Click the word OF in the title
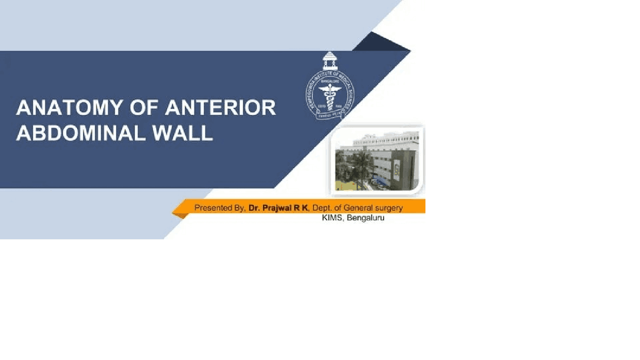(x=143, y=108)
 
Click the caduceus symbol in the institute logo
(x=329, y=93)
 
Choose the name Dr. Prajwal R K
(x=278, y=207)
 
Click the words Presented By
(x=219, y=207)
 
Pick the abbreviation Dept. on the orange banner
(x=323, y=207)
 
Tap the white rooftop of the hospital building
(x=385, y=136)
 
